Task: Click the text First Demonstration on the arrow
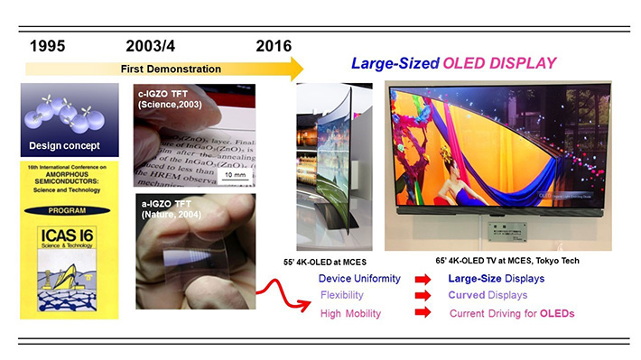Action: (x=172, y=69)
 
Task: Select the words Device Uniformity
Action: (x=354, y=278)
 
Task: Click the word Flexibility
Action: (x=341, y=295)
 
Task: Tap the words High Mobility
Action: (x=350, y=313)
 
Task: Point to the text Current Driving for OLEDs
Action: (x=512, y=313)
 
